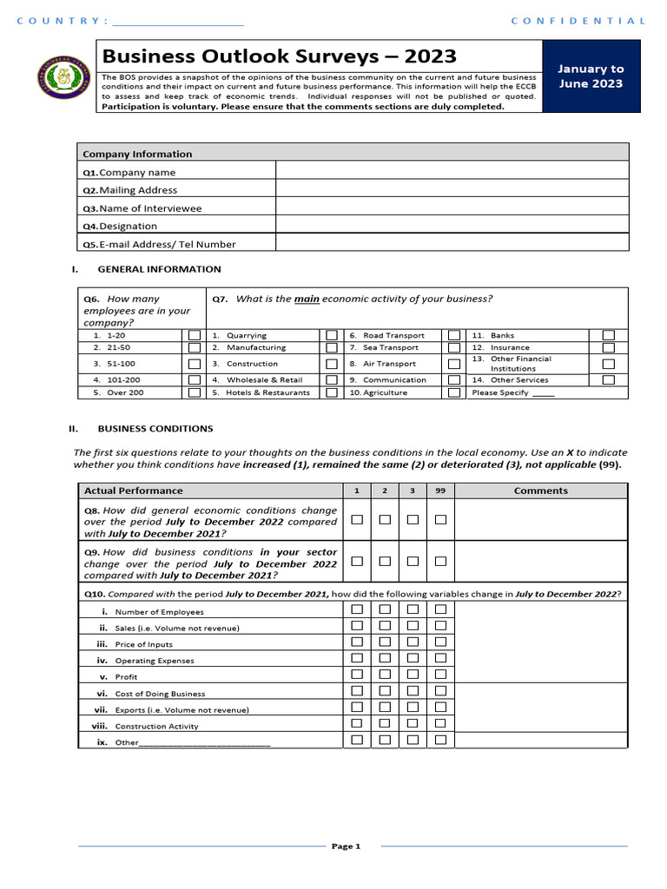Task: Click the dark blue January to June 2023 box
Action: (591, 76)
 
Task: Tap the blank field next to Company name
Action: (452, 172)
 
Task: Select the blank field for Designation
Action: (452, 226)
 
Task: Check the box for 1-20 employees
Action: (195, 335)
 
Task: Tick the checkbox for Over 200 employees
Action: (195, 392)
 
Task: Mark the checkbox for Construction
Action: (332, 364)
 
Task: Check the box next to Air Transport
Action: (454, 364)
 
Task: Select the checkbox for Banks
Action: (608, 335)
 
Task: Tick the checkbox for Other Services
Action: (608, 379)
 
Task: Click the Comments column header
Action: (540, 491)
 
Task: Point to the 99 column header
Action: (440, 491)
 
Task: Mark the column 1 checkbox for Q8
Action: (357, 519)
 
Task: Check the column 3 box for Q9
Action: (413, 562)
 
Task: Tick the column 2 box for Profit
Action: (385, 675)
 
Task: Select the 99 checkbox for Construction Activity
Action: (440, 723)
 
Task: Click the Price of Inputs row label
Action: (143, 644)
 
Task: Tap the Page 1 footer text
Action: (345, 846)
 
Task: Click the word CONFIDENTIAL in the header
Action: (578, 21)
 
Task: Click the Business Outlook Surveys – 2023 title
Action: (279, 56)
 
